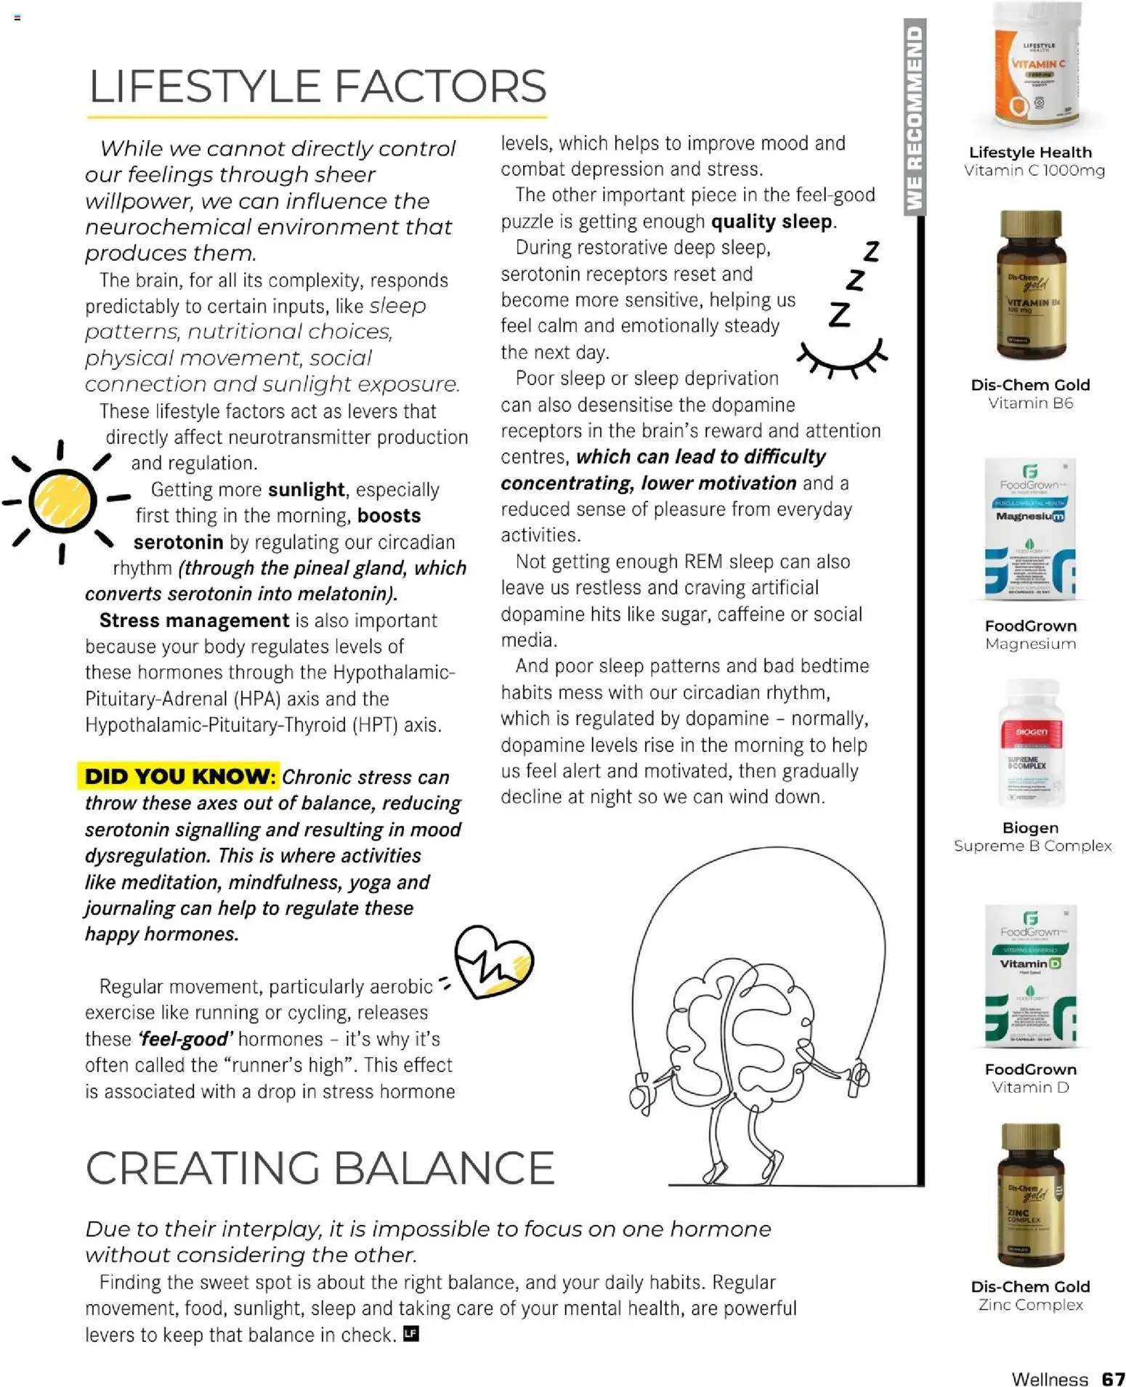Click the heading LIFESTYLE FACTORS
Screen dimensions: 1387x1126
(317, 86)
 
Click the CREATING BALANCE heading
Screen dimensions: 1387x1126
(320, 1168)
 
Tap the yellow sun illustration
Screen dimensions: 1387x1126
(62, 501)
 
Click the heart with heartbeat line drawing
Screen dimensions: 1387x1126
(493, 962)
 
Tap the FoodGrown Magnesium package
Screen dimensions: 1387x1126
(1029, 529)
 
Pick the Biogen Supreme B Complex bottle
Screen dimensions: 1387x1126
(1030, 744)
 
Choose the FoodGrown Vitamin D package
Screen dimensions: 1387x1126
(1030, 976)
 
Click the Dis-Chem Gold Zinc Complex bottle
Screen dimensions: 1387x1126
(1030, 1195)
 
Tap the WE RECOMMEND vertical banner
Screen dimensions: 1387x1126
(915, 118)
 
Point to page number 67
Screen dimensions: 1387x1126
(1112, 1379)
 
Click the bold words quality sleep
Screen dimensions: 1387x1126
(771, 222)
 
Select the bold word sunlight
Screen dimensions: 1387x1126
(306, 490)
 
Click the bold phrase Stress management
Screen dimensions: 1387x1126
(194, 620)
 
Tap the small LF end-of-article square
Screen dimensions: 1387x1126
(411, 1334)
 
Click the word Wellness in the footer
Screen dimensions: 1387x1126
(1049, 1379)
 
